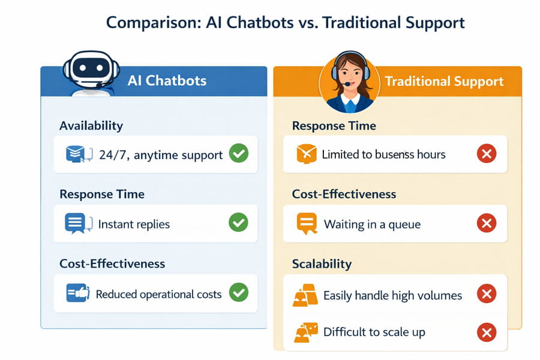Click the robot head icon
tap(91, 70)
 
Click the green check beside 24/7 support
tap(239, 154)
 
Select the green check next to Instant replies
tap(238, 223)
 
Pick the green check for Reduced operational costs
tap(239, 292)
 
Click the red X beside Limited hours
tap(487, 154)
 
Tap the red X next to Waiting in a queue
tap(487, 223)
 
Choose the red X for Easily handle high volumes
tap(487, 293)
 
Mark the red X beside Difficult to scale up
tap(487, 332)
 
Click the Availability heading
tap(91, 126)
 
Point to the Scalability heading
tap(322, 264)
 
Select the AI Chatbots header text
tap(167, 80)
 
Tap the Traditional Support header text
tap(444, 82)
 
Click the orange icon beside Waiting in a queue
tap(307, 224)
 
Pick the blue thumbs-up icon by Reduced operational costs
tap(78, 293)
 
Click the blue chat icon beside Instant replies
tap(79, 223)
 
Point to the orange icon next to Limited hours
tap(306, 154)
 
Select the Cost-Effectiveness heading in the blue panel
tap(112, 264)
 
